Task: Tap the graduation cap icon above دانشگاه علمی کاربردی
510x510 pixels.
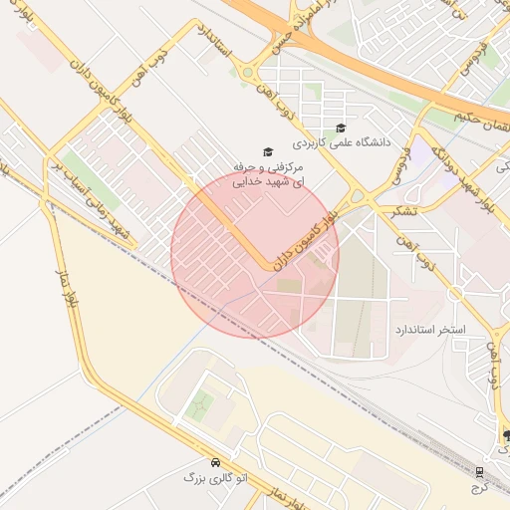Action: (x=342, y=127)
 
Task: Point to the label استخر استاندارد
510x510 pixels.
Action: (x=430, y=329)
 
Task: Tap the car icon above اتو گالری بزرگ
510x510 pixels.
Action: (x=216, y=463)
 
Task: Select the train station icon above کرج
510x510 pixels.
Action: (x=480, y=470)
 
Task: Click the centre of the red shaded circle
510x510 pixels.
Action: (x=255, y=254)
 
